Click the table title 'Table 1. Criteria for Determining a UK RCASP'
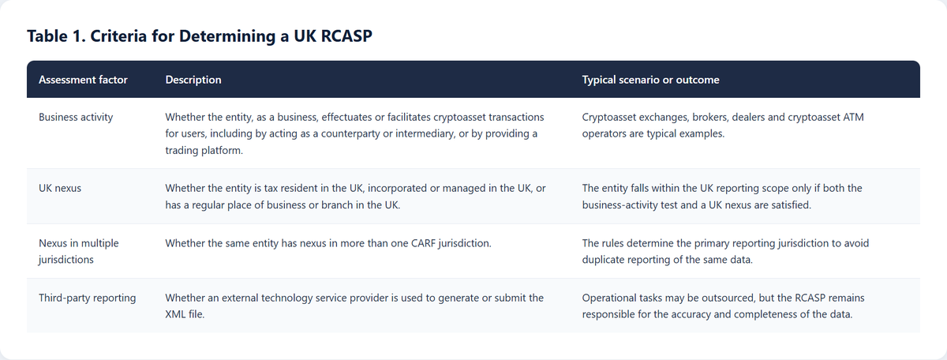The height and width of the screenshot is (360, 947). pos(200,36)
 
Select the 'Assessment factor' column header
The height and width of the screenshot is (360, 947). pos(83,80)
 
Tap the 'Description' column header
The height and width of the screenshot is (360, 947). pos(193,80)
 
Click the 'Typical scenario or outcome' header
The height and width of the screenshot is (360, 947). pos(650,80)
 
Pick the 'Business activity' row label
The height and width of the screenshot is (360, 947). pos(76,117)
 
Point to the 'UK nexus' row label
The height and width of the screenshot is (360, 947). pos(60,188)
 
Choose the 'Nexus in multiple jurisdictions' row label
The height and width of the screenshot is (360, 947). pos(79,251)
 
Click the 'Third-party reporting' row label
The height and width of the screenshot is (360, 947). pos(87,298)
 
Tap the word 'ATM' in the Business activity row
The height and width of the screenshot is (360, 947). pos(853,117)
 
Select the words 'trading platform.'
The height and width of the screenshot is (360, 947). pos(204,150)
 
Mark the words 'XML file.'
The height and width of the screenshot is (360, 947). pos(185,314)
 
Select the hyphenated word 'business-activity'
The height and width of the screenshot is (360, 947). pos(623,205)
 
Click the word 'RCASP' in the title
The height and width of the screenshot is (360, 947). pos(346,36)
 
